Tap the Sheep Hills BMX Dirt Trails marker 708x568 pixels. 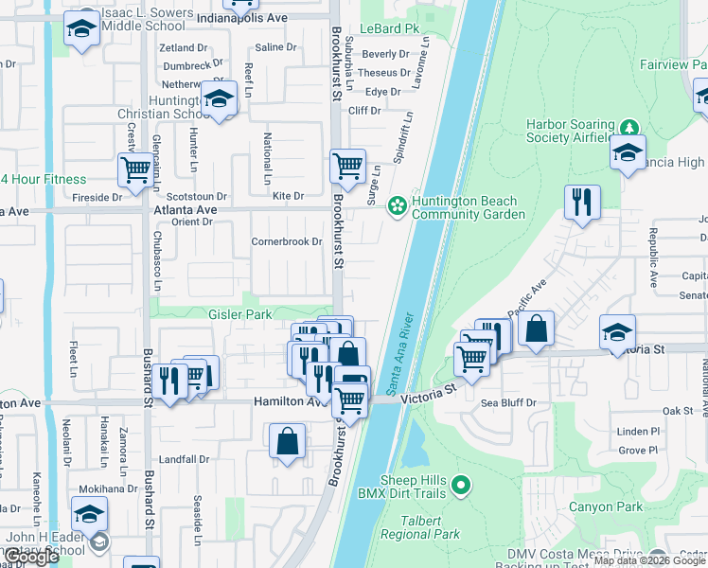461,486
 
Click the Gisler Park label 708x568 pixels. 240,314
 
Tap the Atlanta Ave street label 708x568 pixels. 186,209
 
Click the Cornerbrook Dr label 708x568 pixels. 287,241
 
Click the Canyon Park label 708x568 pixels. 606,507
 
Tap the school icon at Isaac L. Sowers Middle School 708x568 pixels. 81,29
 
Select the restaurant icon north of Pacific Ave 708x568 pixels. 581,202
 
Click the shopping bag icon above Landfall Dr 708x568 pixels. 288,441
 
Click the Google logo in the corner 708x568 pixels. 31,558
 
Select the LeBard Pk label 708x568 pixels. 398,29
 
